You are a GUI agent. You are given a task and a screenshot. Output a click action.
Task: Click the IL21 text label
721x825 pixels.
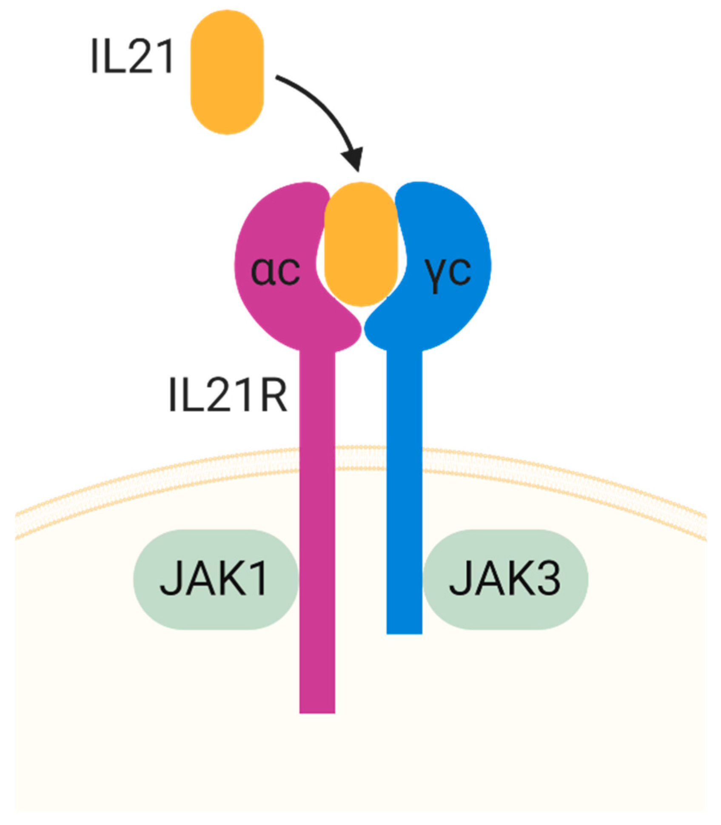click(x=132, y=57)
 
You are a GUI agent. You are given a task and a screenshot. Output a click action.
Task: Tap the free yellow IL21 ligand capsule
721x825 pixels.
click(x=227, y=72)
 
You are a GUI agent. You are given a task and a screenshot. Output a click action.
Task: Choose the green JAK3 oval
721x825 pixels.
click(x=505, y=579)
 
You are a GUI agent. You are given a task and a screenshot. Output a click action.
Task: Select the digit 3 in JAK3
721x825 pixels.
click(x=549, y=579)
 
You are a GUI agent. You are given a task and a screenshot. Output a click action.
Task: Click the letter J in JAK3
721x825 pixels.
click(x=459, y=579)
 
